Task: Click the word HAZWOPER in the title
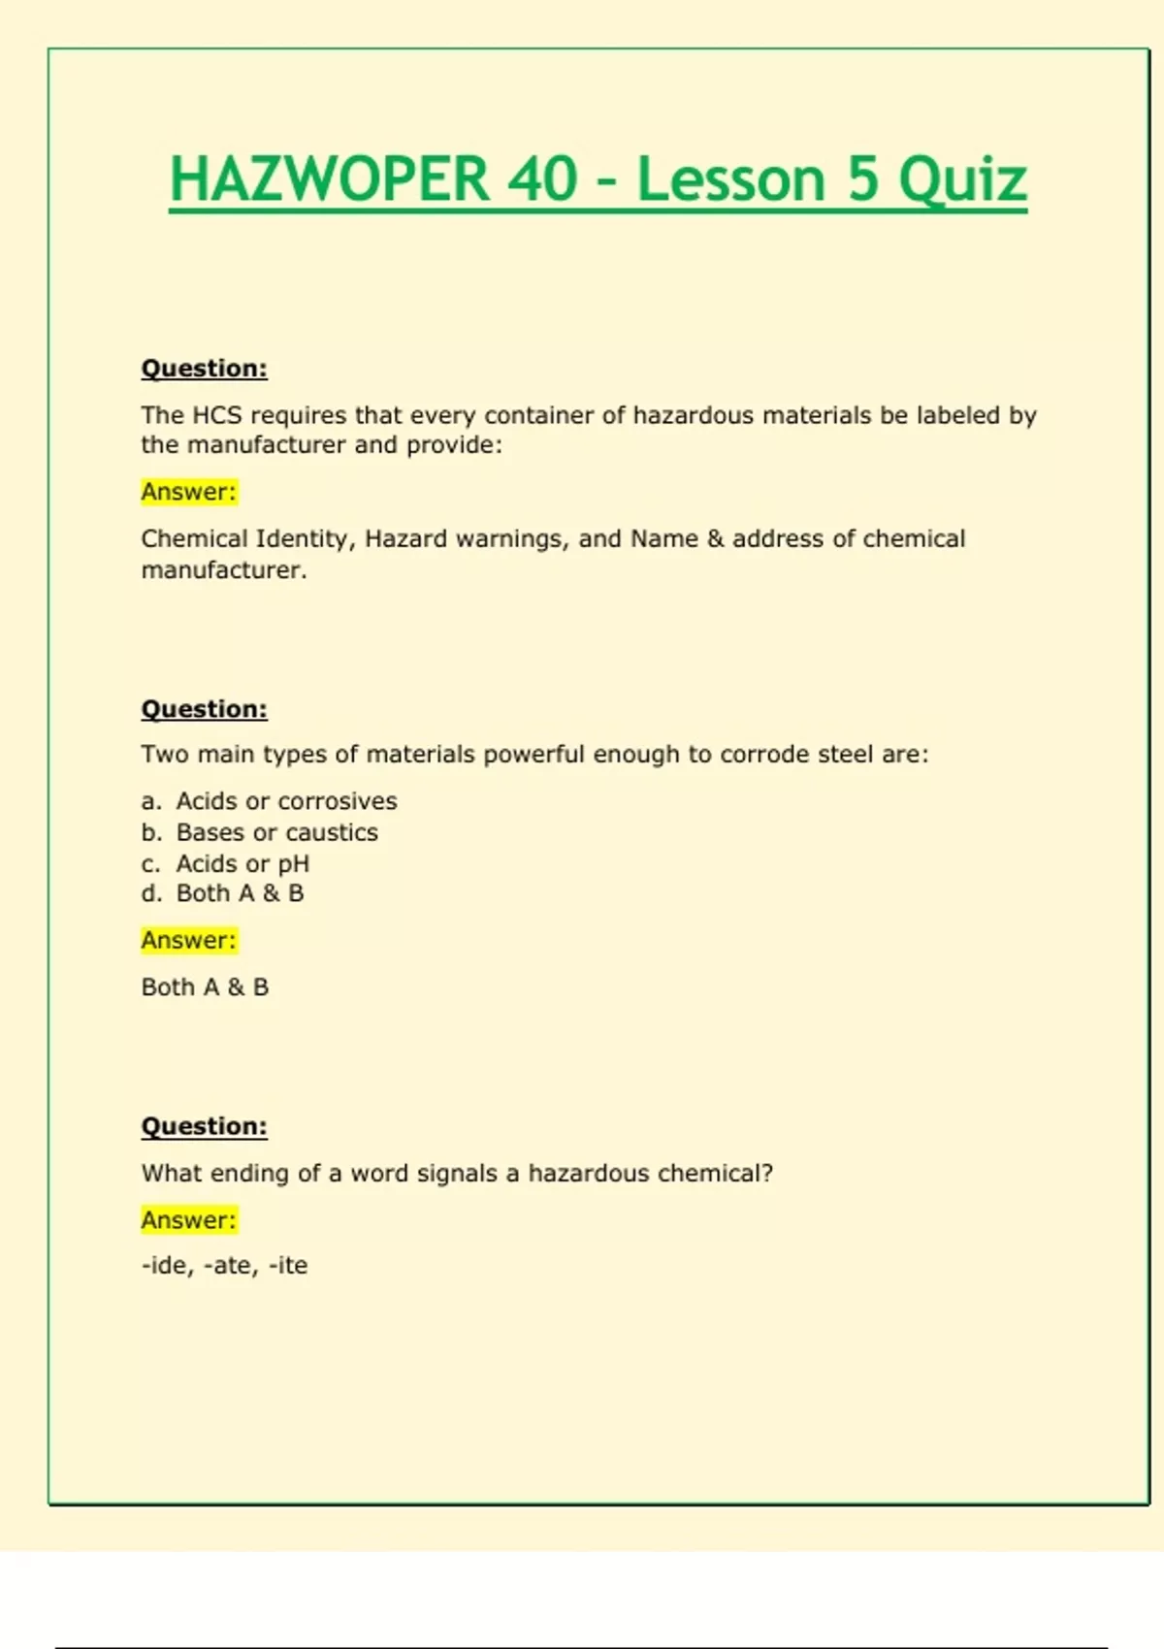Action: click(329, 179)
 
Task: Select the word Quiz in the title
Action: click(962, 181)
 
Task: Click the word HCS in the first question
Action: click(217, 415)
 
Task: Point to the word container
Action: click(542, 415)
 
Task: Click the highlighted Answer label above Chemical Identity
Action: click(189, 492)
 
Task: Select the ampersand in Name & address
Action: click(716, 538)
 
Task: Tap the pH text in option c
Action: click(294, 863)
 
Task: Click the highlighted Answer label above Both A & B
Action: click(189, 940)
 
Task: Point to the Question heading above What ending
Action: click(205, 1126)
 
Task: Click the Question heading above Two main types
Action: click(205, 709)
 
